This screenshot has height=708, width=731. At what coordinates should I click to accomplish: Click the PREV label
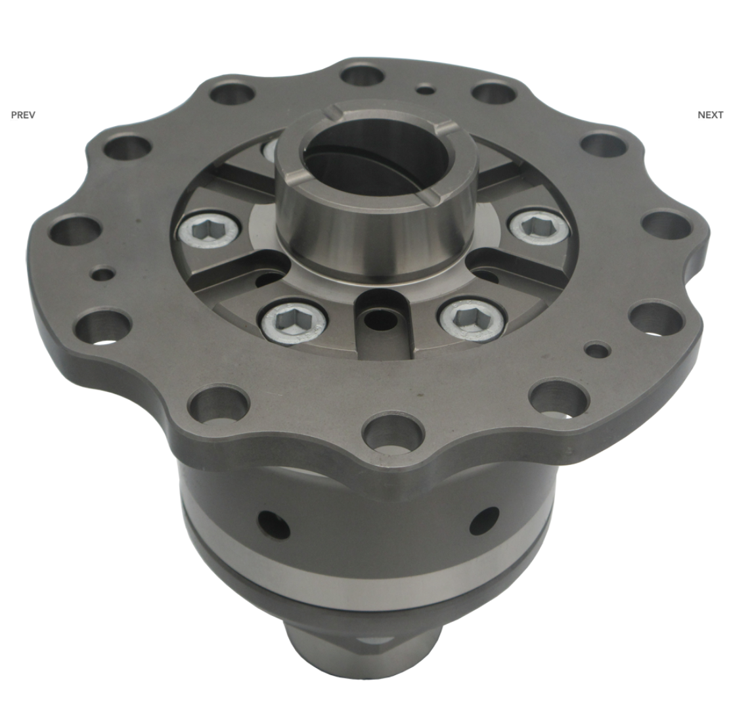tap(23, 115)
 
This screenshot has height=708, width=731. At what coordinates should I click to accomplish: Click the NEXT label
tap(711, 115)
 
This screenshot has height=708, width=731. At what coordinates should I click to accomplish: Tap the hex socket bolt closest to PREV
tap(208, 229)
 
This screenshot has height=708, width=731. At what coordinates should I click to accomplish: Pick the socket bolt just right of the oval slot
tap(471, 319)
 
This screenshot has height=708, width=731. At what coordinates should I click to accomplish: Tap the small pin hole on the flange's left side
tap(102, 273)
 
